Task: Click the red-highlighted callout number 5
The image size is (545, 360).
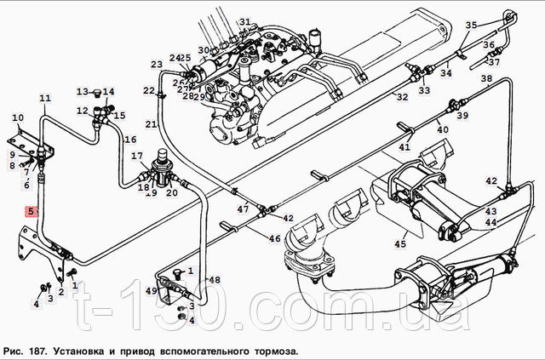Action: coord(31,212)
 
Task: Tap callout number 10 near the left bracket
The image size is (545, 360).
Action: coord(18,117)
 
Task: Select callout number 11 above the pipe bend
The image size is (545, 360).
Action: coord(44,97)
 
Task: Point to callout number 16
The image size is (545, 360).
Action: coord(130,140)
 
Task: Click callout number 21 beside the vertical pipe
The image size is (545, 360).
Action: coord(151,125)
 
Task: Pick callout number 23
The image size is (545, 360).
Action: coord(157,65)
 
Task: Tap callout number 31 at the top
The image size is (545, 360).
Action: coord(245,22)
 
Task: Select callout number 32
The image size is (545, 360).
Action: coord(402,97)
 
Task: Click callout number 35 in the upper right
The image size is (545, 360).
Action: coord(471,25)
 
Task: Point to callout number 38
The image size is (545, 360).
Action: coord(486,79)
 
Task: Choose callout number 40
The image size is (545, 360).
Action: coord(443,129)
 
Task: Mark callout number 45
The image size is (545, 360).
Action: coord(400,245)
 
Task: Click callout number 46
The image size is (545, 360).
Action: coord(274,239)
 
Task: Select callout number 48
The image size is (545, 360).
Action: coord(215,280)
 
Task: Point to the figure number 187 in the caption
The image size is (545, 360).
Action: coord(39,350)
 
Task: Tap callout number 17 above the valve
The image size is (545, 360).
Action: coord(136,156)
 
